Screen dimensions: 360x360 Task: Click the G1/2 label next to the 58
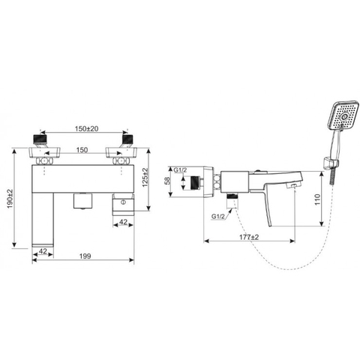[181, 170]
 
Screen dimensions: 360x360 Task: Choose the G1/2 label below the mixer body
[218, 216]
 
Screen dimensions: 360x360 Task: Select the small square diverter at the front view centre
[81, 202]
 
